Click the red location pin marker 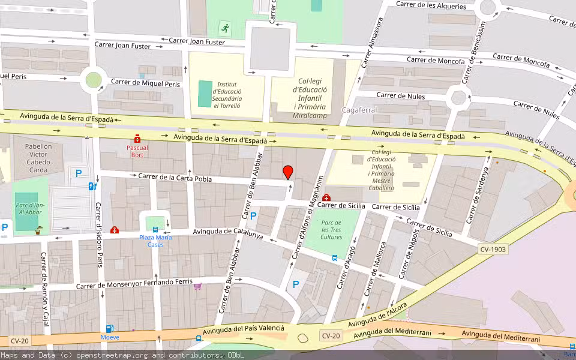point(288,172)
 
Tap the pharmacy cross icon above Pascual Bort point(137,139)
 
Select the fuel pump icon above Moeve point(109,328)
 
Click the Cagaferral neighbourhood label point(359,110)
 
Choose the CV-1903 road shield point(493,248)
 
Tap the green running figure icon point(225,28)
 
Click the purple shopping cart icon point(197,287)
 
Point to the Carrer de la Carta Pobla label point(175,177)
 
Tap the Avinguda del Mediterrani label point(500,336)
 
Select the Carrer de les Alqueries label point(431,6)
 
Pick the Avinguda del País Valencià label point(244,329)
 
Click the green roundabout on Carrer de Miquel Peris point(94,79)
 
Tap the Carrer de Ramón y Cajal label point(44,292)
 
